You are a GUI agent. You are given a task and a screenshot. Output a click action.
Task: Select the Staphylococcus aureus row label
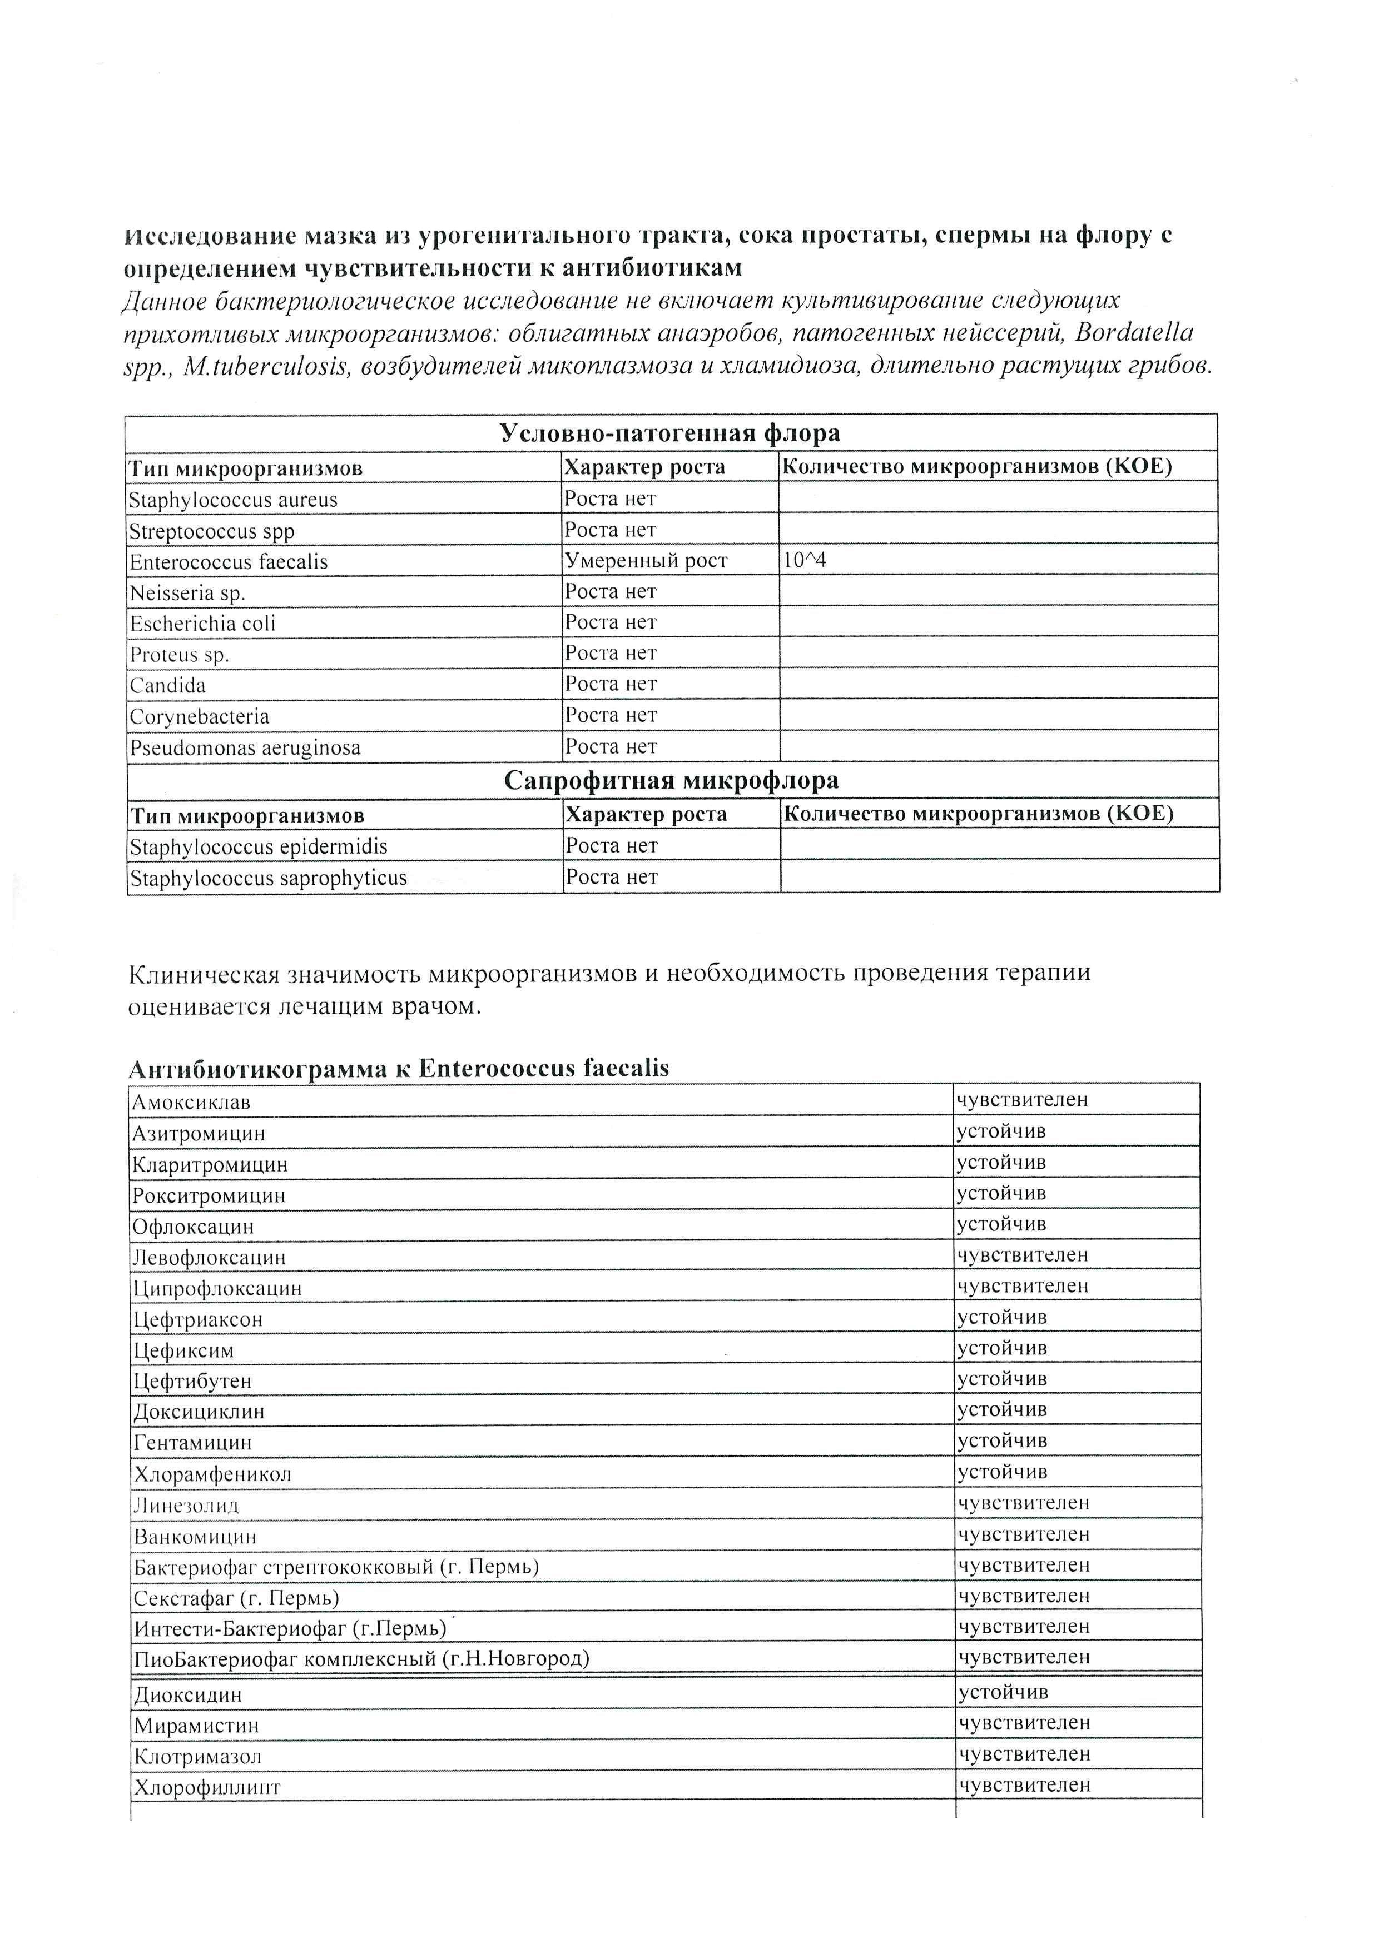(x=232, y=500)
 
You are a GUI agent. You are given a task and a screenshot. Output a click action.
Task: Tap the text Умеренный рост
(x=646, y=560)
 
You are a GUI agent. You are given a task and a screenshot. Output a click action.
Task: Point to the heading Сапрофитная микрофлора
(x=671, y=780)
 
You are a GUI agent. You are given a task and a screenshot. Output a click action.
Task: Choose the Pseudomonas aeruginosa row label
(x=245, y=748)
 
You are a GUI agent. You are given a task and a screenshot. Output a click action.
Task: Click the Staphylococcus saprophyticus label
(x=267, y=878)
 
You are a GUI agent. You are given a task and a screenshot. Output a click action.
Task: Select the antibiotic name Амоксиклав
(x=191, y=1103)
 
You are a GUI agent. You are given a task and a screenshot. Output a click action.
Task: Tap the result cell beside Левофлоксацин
(x=1023, y=1255)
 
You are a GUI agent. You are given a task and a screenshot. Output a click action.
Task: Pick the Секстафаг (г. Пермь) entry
(x=236, y=1598)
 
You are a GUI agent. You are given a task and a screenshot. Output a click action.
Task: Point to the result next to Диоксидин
(x=1004, y=1692)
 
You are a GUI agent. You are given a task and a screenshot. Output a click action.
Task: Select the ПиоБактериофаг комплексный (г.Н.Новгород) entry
(x=361, y=1658)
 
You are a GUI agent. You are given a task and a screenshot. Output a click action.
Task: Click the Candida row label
(x=167, y=686)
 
